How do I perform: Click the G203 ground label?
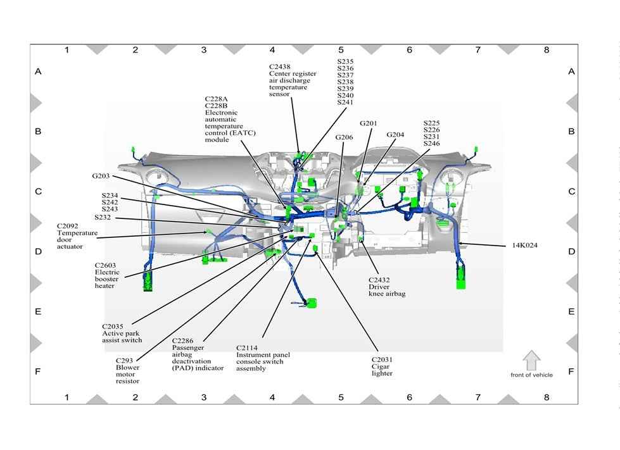[101, 175]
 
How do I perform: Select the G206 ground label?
[344, 137]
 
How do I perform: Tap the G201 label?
[369, 123]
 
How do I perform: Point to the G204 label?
[395, 134]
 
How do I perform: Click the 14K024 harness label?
[524, 245]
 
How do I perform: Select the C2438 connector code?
[279, 66]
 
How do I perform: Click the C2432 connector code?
[379, 279]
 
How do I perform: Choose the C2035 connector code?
[113, 326]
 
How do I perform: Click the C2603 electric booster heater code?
[106, 265]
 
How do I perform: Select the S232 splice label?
[103, 216]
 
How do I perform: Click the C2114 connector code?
[247, 347]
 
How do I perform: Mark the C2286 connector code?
[183, 340]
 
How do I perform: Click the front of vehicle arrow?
[531, 360]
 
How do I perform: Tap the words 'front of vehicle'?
[531, 375]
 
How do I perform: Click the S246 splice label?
[431, 144]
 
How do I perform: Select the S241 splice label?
[345, 102]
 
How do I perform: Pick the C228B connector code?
[215, 106]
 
